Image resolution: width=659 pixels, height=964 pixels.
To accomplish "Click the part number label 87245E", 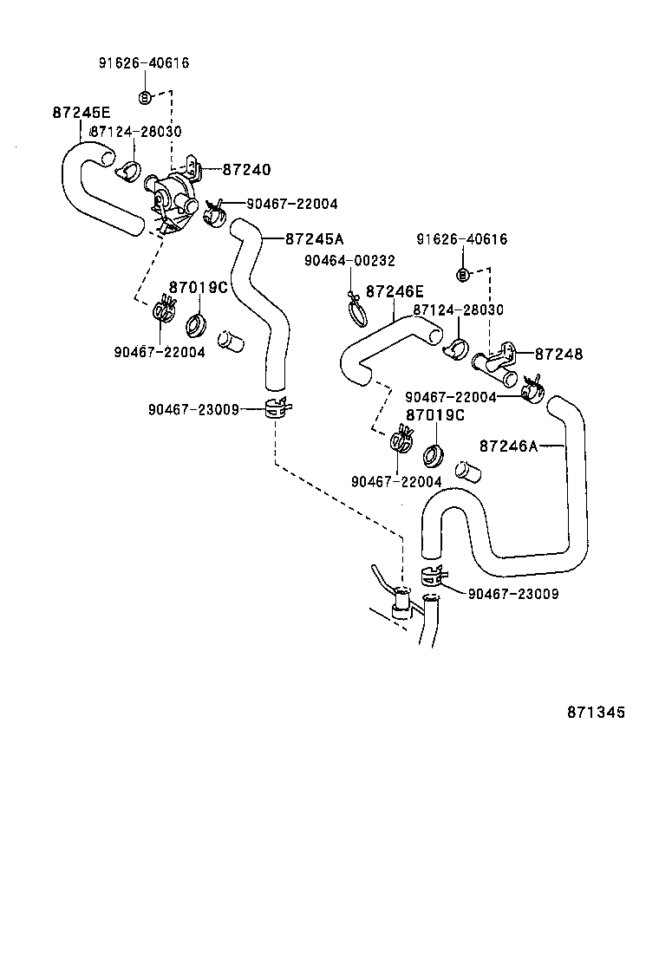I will click(82, 113).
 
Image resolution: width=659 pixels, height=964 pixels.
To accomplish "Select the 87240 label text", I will click(247, 171).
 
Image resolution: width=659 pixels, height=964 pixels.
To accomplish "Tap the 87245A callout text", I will click(314, 239).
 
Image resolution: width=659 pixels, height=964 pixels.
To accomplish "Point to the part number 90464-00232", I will click(349, 261).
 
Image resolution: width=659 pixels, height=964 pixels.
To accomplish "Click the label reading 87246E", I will click(395, 292).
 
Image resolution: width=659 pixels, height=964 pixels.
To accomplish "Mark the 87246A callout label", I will click(508, 446).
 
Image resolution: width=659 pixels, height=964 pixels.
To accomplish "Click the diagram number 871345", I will click(596, 713).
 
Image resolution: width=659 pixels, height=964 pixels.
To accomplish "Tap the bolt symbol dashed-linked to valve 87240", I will click(146, 95).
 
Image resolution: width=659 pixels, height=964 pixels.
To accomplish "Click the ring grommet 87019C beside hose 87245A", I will click(197, 327).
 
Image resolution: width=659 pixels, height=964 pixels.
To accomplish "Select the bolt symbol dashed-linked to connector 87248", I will click(462, 275).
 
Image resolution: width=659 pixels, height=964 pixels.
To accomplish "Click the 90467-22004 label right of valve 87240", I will click(292, 204).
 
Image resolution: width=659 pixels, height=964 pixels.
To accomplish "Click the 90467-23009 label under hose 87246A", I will click(512, 594).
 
